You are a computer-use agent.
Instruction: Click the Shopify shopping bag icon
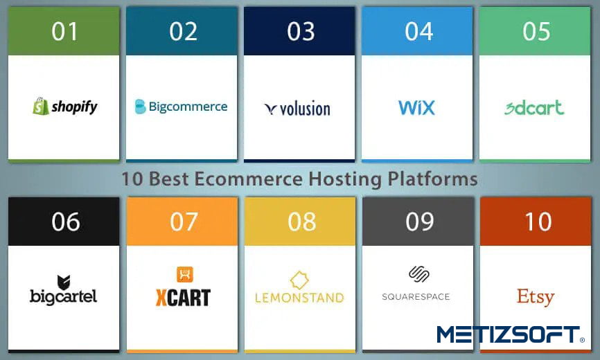[x=41, y=106]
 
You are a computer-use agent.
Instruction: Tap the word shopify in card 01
[x=75, y=107]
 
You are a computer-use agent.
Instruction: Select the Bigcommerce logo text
[x=188, y=106]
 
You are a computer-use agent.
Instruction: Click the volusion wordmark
[x=305, y=109]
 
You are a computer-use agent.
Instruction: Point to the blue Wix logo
[x=416, y=107]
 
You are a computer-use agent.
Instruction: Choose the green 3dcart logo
[x=534, y=107]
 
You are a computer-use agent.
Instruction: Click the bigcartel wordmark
[x=64, y=296]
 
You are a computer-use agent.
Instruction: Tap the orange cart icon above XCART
[x=185, y=274]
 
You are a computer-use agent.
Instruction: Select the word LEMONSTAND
[x=299, y=298]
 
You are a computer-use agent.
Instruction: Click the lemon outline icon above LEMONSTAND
[x=299, y=280]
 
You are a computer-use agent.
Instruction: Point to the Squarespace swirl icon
[x=418, y=274]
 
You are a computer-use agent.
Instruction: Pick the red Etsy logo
[x=536, y=296]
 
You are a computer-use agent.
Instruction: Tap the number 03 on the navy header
[x=301, y=31]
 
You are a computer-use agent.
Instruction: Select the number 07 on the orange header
[x=184, y=222]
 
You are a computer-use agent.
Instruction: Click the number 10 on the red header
[x=538, y=222]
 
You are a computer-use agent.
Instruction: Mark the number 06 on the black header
[x=66, y=222]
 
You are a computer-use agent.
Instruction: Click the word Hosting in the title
[x=345, y=179]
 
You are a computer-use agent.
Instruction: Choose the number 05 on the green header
[x=536, y=31]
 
